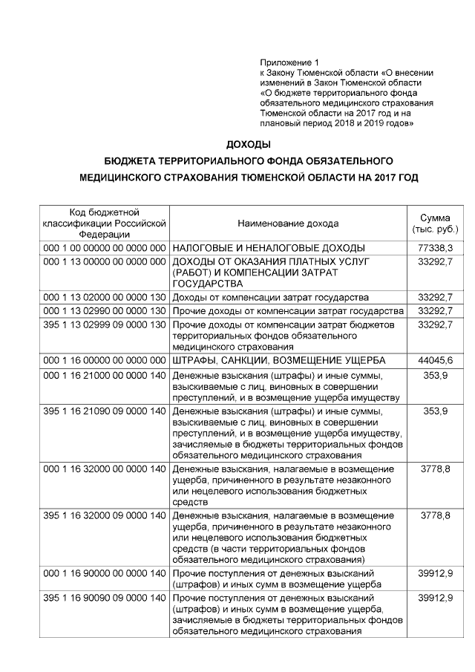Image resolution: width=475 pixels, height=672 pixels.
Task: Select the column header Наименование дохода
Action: click(x=288, y=224)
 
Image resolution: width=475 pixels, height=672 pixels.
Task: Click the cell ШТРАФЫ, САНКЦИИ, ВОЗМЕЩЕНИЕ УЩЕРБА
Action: click(x=279, y=360)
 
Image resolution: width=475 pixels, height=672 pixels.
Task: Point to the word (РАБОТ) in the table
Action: click(x=191, y=273)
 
